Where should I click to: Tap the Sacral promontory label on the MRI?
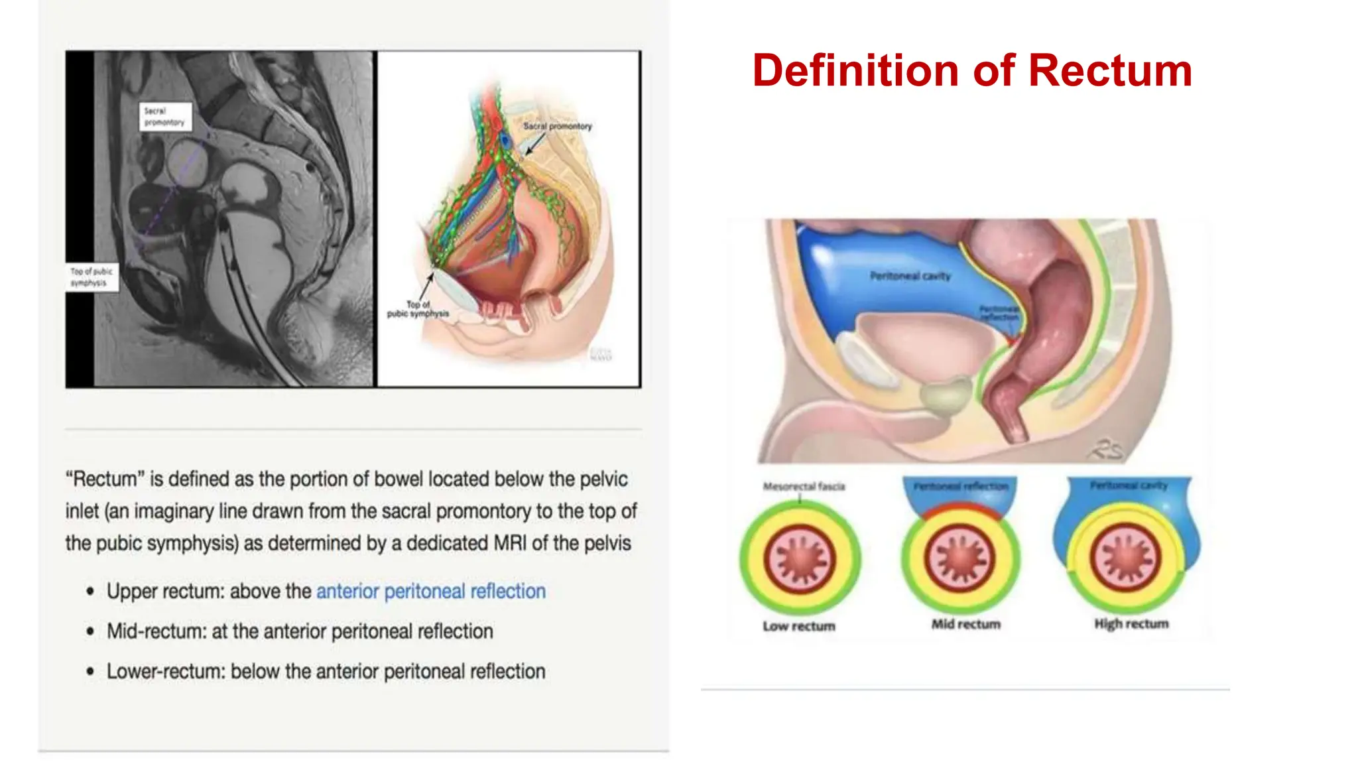pos(165,117)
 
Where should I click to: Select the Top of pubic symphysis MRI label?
pos(92,277)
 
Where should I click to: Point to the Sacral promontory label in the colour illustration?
pos(557,126)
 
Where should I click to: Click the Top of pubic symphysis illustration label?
pos(418,309)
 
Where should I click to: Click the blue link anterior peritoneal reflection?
pos(431,591)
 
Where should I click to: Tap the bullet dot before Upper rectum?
pos(90,592)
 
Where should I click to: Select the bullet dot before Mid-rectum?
pos(90,631)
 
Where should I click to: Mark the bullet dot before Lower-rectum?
pos(90,672)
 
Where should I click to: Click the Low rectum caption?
pos(799,626)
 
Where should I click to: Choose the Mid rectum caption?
pos(965,624)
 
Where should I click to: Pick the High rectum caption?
pos(1131,623)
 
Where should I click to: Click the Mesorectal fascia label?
pos(804,487)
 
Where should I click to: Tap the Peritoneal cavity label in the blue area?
pos(910,276)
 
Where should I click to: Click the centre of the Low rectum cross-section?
pos(800,559)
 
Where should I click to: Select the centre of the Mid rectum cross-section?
pos(961,558)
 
